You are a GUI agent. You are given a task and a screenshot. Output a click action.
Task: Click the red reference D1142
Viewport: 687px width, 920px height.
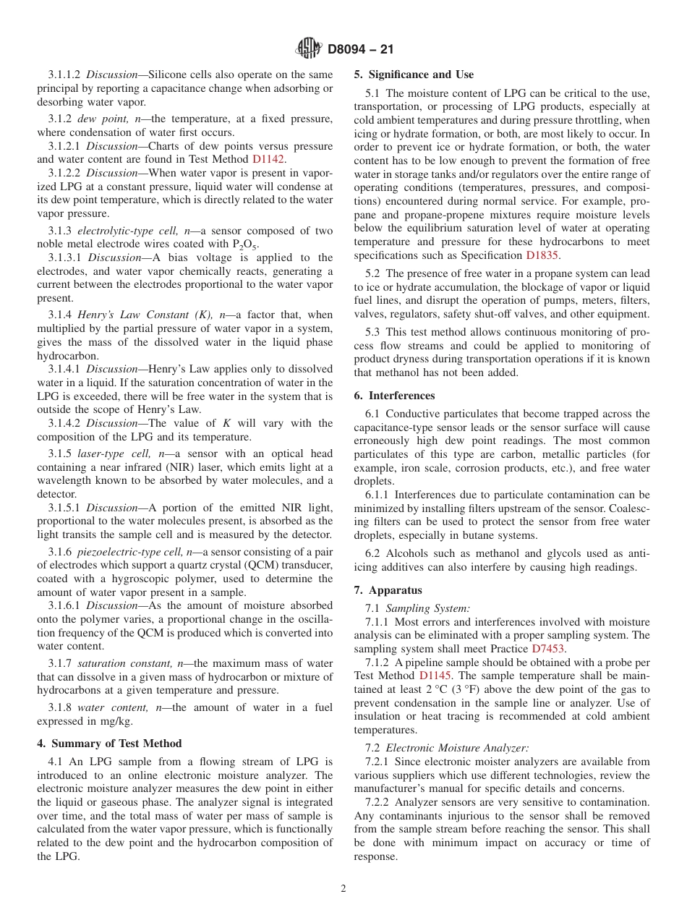(x=268, y=159)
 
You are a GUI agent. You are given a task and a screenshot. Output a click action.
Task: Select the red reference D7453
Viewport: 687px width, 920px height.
(x=549, y=649)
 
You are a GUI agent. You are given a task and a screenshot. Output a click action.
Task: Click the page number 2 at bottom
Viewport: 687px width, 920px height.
(x=343, y=889)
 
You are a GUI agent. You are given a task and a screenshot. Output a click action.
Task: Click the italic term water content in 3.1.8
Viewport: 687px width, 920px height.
(x=105, y=707)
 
